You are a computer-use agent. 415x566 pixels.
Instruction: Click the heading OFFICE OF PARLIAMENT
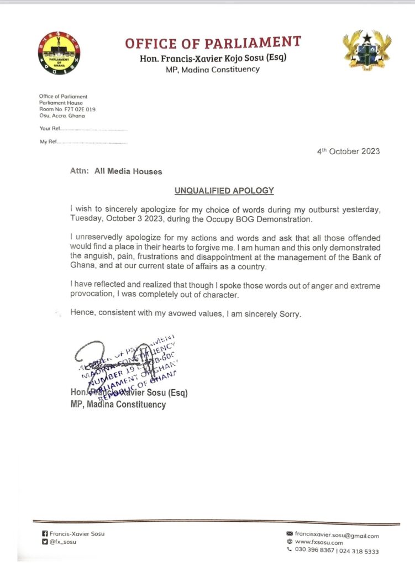(x=213, y=43)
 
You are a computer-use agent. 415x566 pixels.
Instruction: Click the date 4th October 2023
(x=348, y=151)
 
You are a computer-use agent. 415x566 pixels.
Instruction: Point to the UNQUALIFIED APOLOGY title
(x=224, y=191)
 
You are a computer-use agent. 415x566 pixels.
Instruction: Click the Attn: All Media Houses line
(x=116, y=171)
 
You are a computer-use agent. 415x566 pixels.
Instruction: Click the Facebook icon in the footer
(x=45, y=534)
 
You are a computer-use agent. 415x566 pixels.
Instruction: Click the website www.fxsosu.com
(x=321, y=543)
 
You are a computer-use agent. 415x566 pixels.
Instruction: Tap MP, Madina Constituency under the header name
(x=213, y=70)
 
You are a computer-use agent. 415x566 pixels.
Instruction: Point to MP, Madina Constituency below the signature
(x=118, y=405)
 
